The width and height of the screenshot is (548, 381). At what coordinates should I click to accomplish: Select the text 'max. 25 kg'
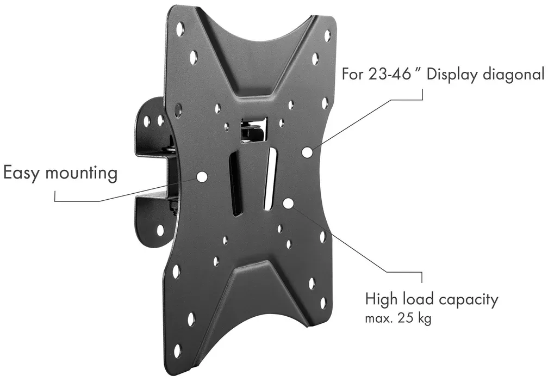coord(398,318)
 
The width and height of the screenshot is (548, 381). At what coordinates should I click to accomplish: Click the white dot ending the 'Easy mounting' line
coord(202,176)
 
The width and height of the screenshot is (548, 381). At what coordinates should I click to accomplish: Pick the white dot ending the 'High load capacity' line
coord(288,204)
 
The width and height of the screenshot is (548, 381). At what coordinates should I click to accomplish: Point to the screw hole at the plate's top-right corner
coord(327,36)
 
